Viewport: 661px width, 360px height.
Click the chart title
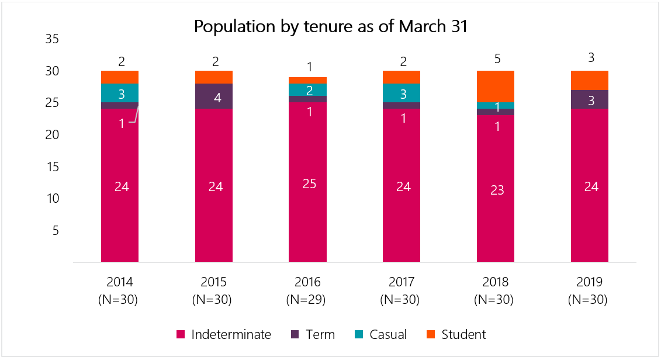[330, 27]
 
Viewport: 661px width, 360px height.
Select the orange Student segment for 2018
[496, 86]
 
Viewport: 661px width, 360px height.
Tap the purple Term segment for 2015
[213, 96]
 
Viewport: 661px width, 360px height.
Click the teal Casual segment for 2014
[120, 93]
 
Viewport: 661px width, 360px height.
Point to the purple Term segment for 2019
[590, 99]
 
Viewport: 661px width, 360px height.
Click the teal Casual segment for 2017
[402, 93]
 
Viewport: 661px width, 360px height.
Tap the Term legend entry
[313, 335]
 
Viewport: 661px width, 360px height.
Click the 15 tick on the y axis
[52, 167]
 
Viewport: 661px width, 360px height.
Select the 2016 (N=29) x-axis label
[307, 291]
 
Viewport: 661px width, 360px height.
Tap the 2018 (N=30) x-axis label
[496, 291]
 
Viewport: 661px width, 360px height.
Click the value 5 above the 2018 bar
[496, 58]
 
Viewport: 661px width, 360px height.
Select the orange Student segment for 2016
[307, 80]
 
